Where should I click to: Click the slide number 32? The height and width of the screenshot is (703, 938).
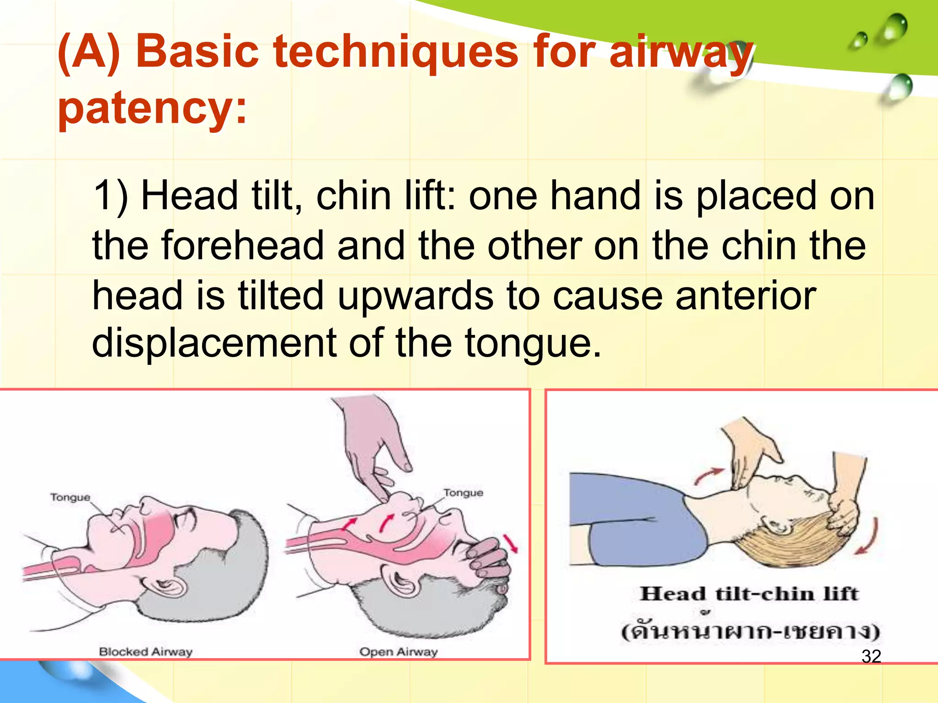pyautogui.click(x=871, y=656)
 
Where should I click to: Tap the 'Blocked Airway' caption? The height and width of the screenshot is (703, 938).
pyautogui.click(x=146, y=651)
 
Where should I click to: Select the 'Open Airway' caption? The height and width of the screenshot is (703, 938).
pyautogui.click(x=398, y=651)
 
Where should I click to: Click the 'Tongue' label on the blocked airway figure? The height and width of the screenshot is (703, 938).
pyautogui.click(x=70, y=497)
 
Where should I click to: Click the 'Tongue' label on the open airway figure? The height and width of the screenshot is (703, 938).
pyautogui.click(x=463, y=492)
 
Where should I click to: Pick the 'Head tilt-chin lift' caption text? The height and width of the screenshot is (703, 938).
pyautogui.click(x=749, y=594)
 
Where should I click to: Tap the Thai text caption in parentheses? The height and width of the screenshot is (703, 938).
pyautogui.click(x=750, y=631)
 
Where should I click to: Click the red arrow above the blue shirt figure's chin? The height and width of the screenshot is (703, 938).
pyautogui.click(x=708, y=476)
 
